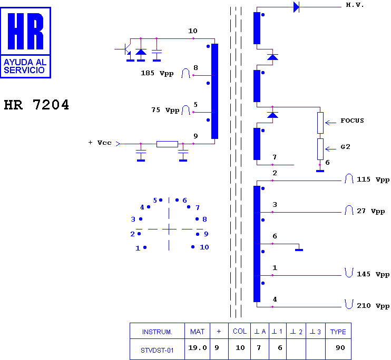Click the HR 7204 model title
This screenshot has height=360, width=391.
click(x=36, y=105)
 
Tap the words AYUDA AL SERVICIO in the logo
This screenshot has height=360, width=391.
click(x=25, y=66)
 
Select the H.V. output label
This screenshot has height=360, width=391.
click(x=355, y=5)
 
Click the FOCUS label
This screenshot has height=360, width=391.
click(x=352, y=121)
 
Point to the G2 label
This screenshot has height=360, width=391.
click(x=345, y=147)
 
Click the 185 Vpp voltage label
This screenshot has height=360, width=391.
click(x=157, y=73)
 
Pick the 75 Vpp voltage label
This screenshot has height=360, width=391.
click(x=165, y=110)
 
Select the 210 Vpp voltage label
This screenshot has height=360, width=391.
click(x=373, y=306)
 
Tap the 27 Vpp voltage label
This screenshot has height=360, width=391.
click(x=371, y=211)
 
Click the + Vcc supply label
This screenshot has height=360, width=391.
click(x=100, y=143)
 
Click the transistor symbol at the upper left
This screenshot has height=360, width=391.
click(x=126, y=49)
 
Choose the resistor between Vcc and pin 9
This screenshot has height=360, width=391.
click(x=167, y=144)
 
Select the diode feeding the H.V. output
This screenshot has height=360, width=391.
click(x=296, y=7)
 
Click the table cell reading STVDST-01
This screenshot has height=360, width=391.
click(x=157, y=351)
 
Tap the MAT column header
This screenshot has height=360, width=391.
click(x=197, y=332)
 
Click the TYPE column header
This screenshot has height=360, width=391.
click(x=338, y=332)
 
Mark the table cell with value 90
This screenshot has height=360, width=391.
click(x=340, y=348)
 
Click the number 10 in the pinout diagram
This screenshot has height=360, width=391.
click(x=204, y=247)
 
